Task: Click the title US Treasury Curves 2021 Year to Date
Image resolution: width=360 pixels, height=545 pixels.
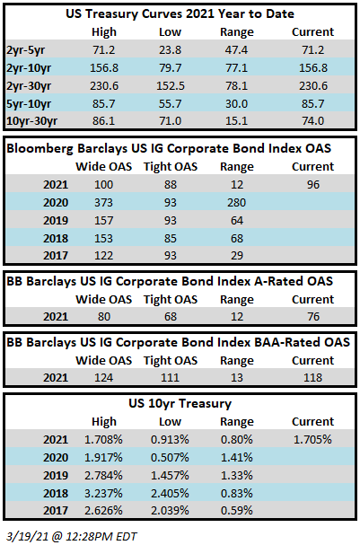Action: (x=180, y=13)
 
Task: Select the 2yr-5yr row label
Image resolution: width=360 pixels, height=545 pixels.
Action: (x=25, y=50)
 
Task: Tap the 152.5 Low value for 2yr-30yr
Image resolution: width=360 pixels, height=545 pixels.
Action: (x=171, y=86)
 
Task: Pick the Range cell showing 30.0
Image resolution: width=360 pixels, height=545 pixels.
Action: (x=237, y=104)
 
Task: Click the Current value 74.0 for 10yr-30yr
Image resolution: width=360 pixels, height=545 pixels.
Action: (x=313, y=121)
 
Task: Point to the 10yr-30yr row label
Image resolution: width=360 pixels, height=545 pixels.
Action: (x=32, y=121)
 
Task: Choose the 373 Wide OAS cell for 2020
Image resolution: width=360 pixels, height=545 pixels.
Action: (x=104, y=203)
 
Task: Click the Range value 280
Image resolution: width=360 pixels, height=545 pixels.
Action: (x=237, y=203)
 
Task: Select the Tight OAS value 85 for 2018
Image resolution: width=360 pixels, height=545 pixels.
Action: (x=171, y=239)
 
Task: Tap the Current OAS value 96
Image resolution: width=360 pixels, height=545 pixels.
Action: (x=313, y=185)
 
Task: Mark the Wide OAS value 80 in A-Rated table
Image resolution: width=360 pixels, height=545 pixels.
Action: (x=104, y=317)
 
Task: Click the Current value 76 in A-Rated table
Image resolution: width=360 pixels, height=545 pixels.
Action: (x=313, y=317)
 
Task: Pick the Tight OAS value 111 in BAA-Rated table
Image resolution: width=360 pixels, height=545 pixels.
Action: (x=171, y=377)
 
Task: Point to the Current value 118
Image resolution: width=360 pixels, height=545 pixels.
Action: (x=313, y=377)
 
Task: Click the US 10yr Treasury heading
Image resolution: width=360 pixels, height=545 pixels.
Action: (x=180, y=403)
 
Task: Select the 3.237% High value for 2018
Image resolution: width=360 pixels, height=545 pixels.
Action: (x=103, y=493)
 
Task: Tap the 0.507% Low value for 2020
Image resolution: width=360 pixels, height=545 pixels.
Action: (x=170, y=457)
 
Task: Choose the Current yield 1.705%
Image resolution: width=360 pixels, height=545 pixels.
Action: (x=312, y=440)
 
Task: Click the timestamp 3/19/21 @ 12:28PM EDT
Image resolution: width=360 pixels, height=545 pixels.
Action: (x=72, y=537)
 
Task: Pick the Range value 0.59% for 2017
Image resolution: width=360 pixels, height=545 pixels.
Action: (x=237, y=510)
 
